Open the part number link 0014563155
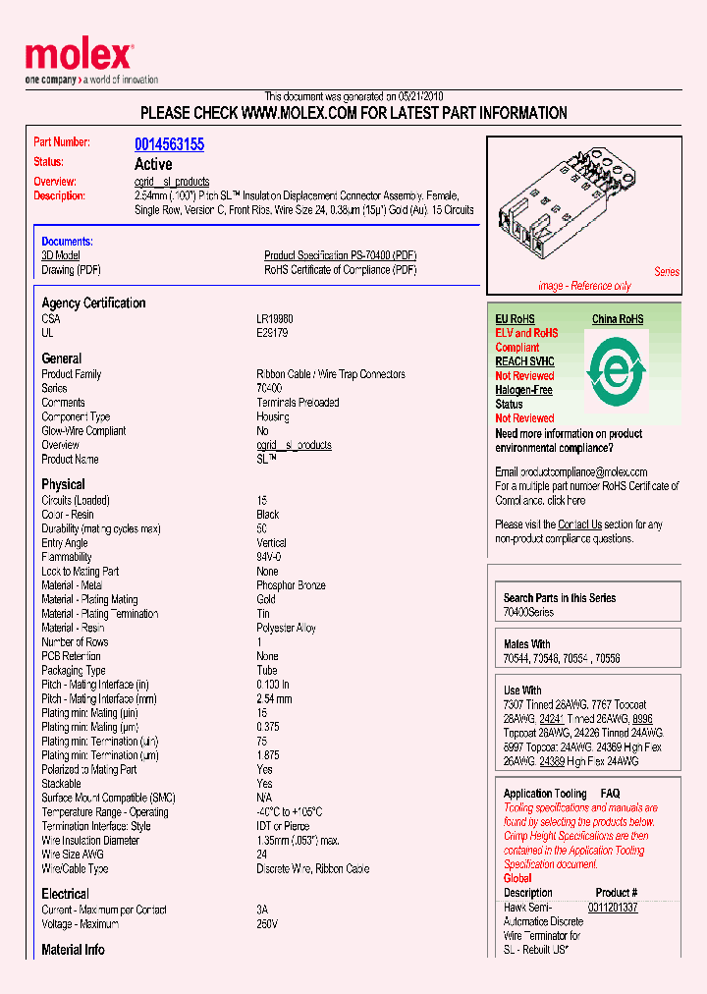pos(169,144)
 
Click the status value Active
pos(153,164)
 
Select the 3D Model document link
pos(61,255)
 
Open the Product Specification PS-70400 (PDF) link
pos(340,255)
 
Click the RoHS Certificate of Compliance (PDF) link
pos(340,270)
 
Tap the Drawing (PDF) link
pos(71,270)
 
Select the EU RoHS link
pos(515,319)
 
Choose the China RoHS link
pos(618,319)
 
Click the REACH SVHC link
pos(524,361)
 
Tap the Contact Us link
pos(579,525)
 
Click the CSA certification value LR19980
pos(275,319)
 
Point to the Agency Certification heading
pos(93,303)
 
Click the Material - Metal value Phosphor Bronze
pos(291,585)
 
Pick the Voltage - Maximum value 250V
pos(267,924)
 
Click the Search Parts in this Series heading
pos(560,597)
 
